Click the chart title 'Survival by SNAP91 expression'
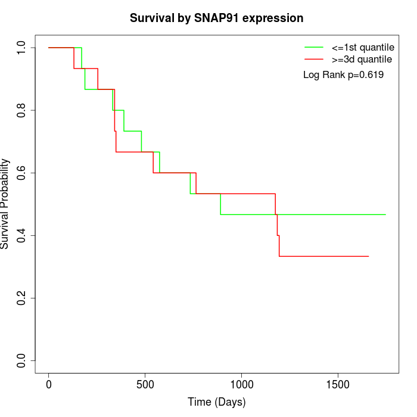pos(217,18)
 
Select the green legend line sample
pos(314,46)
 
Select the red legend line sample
pos(314,59)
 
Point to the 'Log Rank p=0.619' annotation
pos(343,75)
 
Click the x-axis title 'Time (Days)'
pos(217,402)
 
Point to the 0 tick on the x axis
pos(49,384)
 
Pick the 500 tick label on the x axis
pos(145,384)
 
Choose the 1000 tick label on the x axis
pos(242,384)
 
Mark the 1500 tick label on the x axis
pos(338,384)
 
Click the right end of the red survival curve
pos(368,256)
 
